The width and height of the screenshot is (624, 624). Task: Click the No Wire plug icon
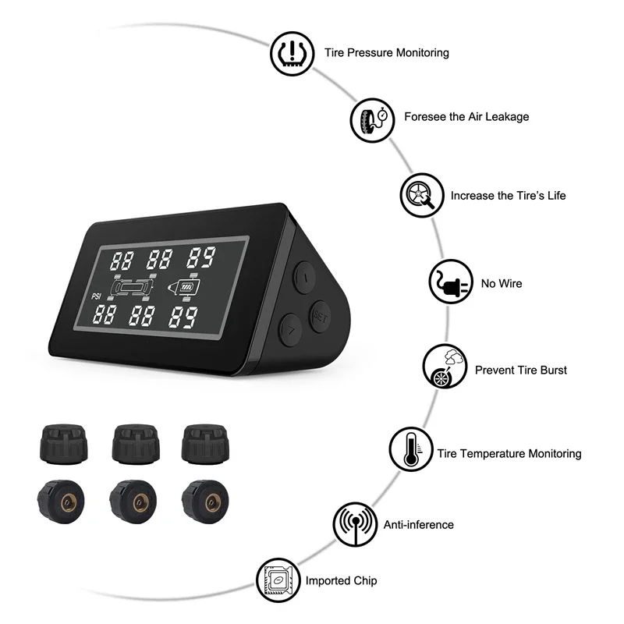tap(449, 283)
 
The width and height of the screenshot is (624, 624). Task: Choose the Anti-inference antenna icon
tap(353, 525)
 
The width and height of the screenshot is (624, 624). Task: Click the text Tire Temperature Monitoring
tap(509, 453)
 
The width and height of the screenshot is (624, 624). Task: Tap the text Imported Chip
tap(341, 581)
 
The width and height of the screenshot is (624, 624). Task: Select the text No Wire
tap(501, 284)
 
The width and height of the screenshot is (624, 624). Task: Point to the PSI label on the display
tap(97, 295)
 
